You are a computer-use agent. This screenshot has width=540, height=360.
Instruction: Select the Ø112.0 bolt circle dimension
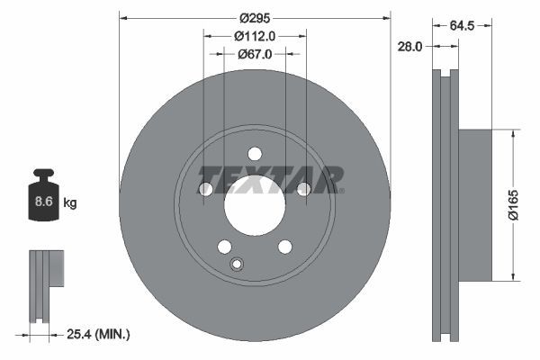254,36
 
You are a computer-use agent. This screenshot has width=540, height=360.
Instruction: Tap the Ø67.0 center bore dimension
255,54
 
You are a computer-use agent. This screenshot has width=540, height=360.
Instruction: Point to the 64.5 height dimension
463,27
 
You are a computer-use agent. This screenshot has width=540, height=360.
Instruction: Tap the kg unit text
70,203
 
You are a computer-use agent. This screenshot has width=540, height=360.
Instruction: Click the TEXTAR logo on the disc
270,180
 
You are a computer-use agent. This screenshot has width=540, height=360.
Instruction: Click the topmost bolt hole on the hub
254,153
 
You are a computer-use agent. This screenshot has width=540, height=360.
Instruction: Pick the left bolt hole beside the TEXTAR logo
205,189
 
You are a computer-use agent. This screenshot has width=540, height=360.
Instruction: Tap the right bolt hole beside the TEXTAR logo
303,189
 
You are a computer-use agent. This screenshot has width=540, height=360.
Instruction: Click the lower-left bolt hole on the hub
224,247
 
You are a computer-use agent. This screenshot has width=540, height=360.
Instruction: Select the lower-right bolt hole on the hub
284,247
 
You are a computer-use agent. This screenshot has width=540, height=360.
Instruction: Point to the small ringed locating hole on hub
237,264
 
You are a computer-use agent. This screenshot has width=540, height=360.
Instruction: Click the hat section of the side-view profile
477,204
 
